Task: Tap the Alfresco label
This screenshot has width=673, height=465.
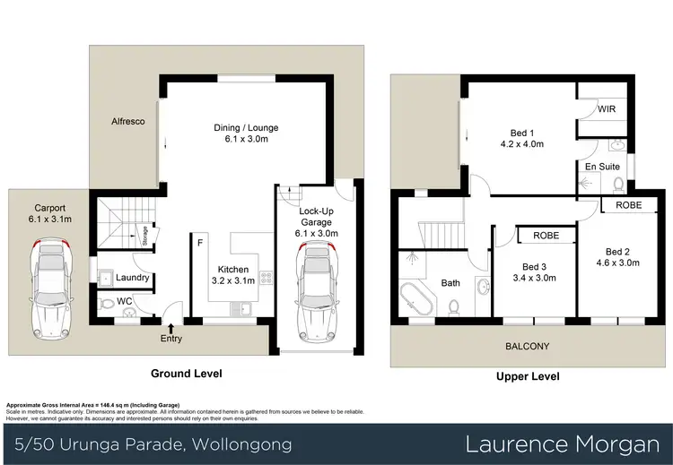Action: pos(128,120)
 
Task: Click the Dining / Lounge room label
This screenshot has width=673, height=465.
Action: pos(239,126)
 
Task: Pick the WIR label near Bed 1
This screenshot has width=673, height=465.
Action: pos(607,110)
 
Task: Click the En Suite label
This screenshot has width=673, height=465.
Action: pos(602,167)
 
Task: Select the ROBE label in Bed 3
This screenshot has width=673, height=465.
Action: pos(546,237)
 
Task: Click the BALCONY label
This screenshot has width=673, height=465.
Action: pos(527,346)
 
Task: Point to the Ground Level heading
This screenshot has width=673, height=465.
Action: pos(187,374)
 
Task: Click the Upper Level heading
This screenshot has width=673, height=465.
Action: pos(528,377)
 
